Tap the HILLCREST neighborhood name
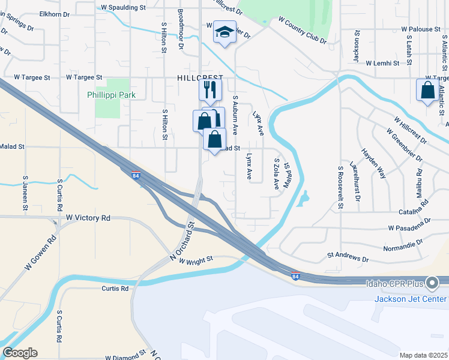pyautogui.click(x=200, y=78)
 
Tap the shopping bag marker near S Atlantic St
pyautogui.click(x=427, y=90)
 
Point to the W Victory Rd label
pyautogui.click(x=88, y=218)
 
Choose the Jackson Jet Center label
pyautogui.click(x=411, y=299)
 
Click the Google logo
pyautogui.click(x=19, y=353)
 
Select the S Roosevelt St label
pyautogui.click(x=340, y=187)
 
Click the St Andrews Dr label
pyautogui.click(x=348, y=257)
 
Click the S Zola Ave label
pyautogui.click(x=277, y=174)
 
